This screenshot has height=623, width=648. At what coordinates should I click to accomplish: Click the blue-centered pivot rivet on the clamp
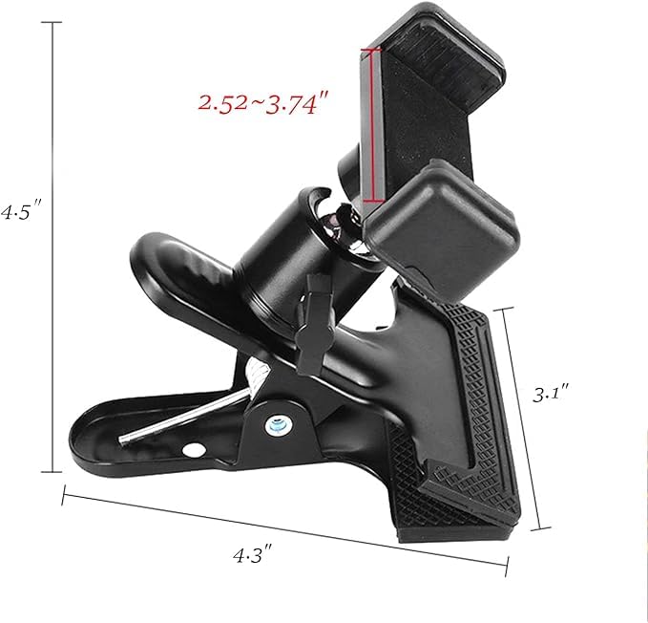[278, 421]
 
